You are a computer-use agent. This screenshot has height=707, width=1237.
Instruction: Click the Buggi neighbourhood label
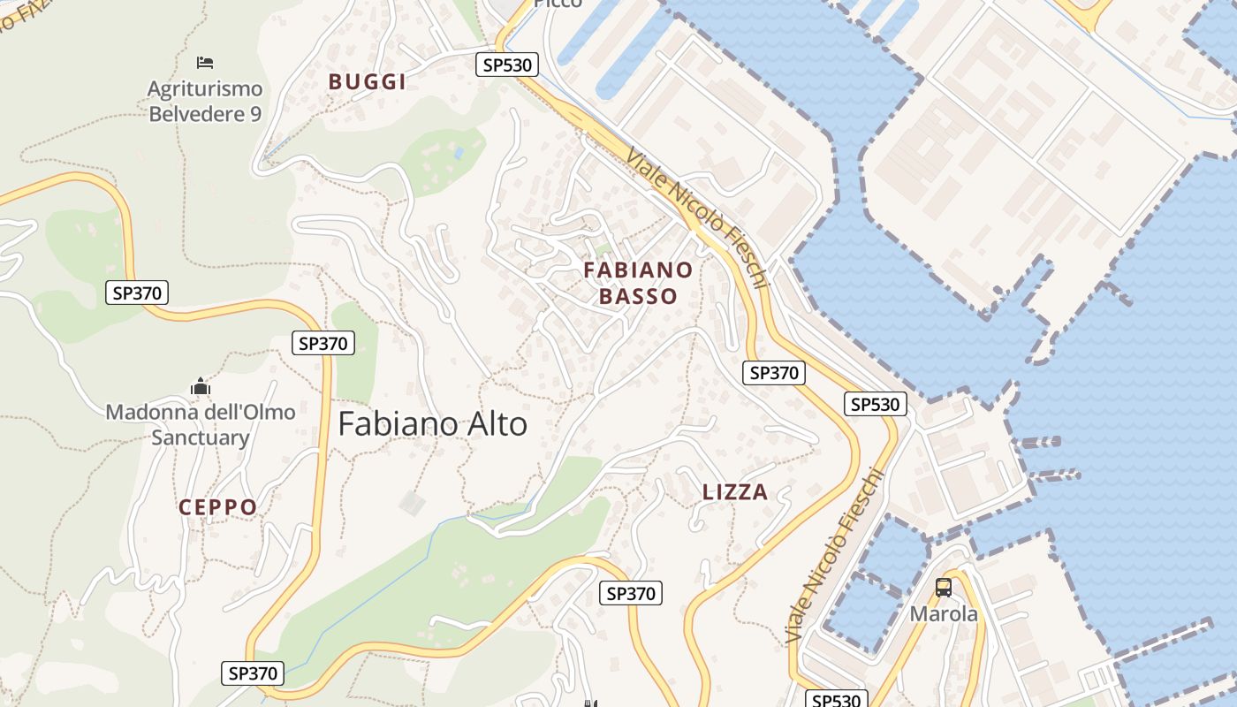pos(367,82)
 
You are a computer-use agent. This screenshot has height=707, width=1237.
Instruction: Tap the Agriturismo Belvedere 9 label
pos(205,101)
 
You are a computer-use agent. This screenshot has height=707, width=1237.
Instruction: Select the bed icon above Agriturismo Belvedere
pos(205,62)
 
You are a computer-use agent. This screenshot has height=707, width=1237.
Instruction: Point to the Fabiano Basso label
pos(638,283)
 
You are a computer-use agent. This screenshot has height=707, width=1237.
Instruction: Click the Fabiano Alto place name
pos(432,424)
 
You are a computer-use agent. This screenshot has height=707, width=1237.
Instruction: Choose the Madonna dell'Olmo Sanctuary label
pos(201,424)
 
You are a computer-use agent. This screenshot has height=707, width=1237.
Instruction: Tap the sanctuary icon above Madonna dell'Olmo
pos(201,386)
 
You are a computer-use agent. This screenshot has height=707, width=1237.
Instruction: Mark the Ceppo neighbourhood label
pos(217,507)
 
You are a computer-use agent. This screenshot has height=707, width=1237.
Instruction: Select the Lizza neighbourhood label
pos(735,492)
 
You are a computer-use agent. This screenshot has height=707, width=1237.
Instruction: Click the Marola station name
pos(944,613)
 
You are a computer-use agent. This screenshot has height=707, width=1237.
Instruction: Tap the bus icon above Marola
pos(944,587)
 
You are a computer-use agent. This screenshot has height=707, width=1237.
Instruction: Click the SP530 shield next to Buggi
pos(507,65)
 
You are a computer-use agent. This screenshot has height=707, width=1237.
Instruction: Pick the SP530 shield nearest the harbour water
pos(876,405)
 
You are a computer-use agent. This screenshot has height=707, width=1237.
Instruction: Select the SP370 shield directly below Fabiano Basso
pos(774,373)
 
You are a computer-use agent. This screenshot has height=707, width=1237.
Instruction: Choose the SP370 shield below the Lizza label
pos(631,593)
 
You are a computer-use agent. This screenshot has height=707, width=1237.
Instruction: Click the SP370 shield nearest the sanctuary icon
pos(323,343)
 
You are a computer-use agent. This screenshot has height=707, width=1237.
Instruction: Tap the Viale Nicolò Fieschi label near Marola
pos(835,557)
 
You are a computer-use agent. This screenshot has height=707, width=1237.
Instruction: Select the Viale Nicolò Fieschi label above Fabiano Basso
pos(698,217)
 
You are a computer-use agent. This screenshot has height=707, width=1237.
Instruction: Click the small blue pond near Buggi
pos(458,153)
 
